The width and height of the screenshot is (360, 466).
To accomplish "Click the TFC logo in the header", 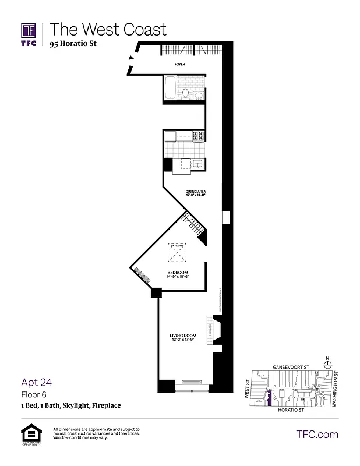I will coord(29,33).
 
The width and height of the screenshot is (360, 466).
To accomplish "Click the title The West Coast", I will coord(108,29).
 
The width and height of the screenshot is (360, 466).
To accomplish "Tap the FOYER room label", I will coord(180,65).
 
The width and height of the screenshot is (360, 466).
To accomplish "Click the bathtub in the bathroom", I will coord(170,88).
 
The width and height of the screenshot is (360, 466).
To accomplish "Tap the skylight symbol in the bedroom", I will coord(177,252).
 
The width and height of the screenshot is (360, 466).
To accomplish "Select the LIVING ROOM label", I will coord(182,336).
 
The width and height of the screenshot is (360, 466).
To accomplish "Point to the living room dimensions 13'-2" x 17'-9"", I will coord(182,340).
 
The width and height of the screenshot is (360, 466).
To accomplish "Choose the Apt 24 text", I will coord(37,382).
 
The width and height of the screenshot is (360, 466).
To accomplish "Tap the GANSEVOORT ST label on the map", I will coord(290,368).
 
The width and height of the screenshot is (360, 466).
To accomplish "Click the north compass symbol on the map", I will coord(328,363).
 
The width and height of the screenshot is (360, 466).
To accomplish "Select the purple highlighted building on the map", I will coord(269,398).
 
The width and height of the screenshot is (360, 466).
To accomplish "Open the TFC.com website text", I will coord(317,434).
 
